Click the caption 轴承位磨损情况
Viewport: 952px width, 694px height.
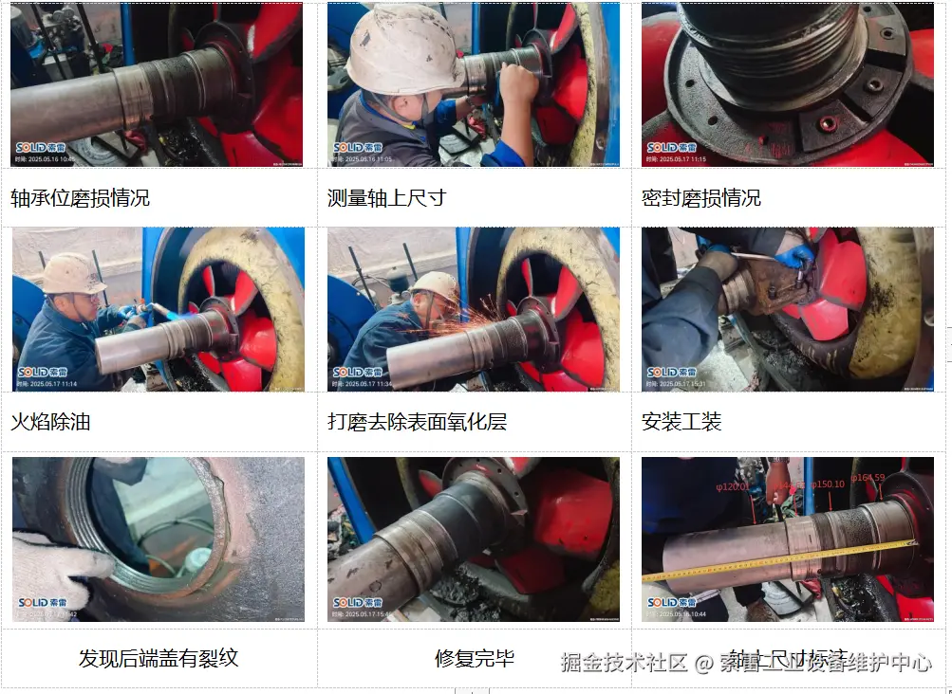tap(80, 198)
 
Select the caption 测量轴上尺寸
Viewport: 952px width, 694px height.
tap(386, 198)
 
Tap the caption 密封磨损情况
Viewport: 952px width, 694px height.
tap(701, 198)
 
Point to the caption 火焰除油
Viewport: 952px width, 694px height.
tap(50, 421)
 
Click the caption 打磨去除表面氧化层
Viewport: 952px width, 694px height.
tap(417, 421)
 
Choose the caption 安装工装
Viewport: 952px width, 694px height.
tap(681, 421)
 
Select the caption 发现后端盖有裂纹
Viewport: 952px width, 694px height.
tap(158, 658)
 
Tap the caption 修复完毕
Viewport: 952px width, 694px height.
tap(474, 658)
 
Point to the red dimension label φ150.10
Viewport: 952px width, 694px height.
tap(828, 484)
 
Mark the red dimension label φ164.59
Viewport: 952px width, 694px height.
tap(868, 478)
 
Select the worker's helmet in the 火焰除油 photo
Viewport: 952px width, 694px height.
tap(71, 274)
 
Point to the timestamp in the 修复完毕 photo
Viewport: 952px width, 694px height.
tap(367, 614)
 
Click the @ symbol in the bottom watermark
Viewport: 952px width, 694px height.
tap(704, 662)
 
